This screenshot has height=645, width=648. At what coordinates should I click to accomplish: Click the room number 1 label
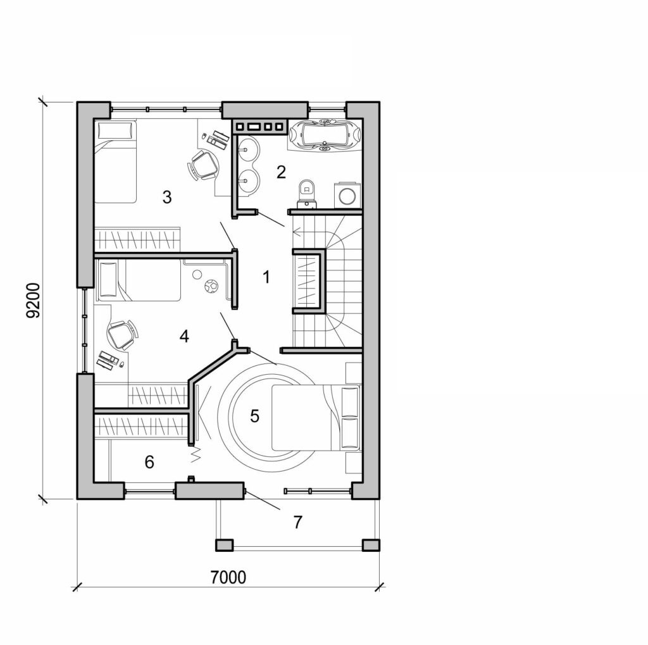[266, 277]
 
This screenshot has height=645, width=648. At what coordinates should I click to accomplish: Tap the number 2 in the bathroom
[282, 172]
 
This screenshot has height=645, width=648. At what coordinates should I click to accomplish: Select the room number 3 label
[166, 197]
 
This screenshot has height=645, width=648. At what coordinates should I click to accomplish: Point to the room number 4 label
[184, 336]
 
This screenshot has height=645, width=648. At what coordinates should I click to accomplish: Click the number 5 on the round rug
[254, 416]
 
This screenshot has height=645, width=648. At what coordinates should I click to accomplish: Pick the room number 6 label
[149, 462]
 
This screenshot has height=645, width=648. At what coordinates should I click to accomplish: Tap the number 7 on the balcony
[297, 522]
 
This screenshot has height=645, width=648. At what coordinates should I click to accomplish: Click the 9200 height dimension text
[35, 301]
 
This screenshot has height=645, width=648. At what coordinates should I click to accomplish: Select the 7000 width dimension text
[227, 577]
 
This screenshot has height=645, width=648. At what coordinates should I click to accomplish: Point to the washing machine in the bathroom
[347, 194]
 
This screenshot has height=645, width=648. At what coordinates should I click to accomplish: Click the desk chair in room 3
[203, 165]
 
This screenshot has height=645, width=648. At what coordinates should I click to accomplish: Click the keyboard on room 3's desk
[220, 136]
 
